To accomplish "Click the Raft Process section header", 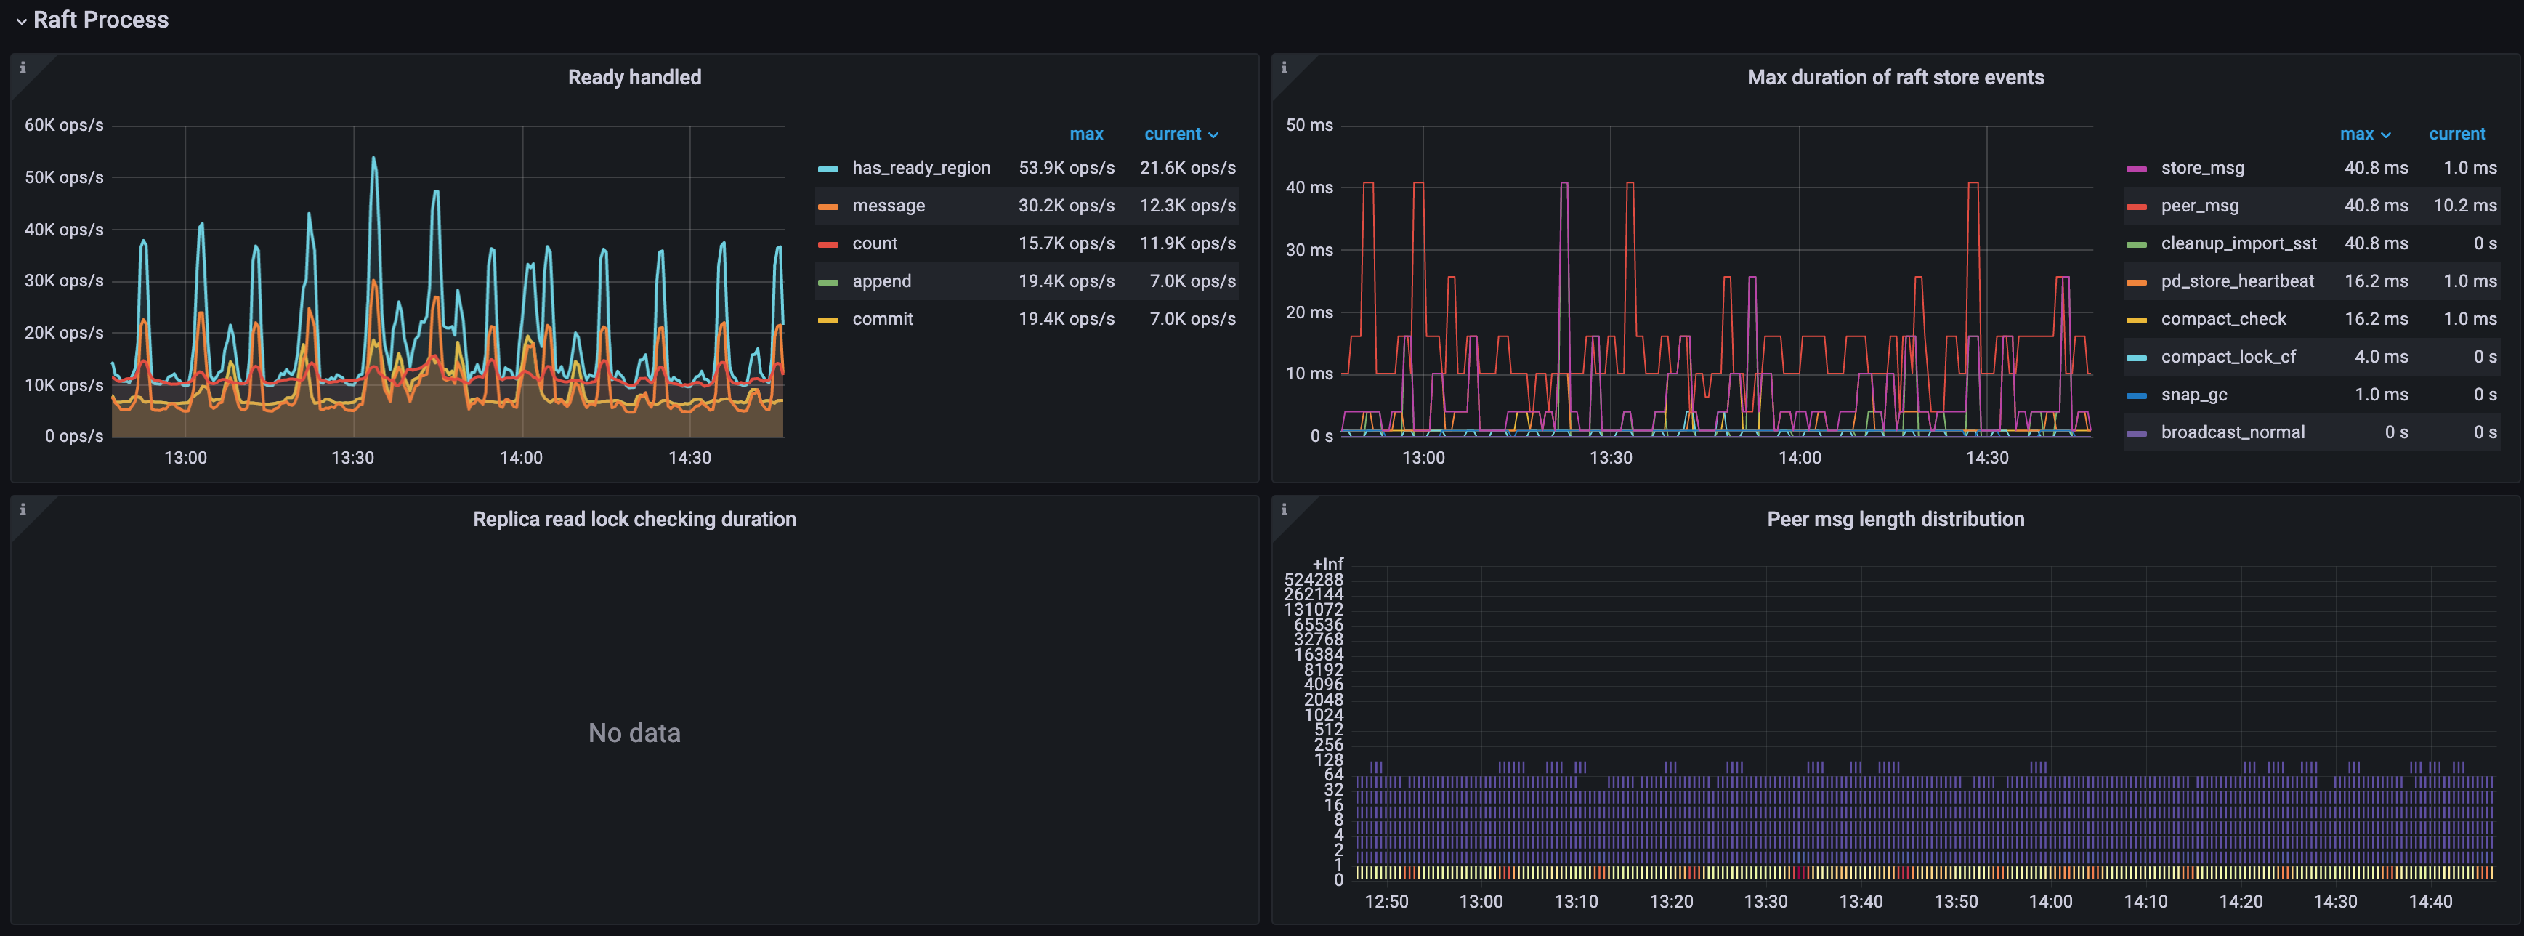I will pos(100,20).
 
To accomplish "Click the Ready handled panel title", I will pos(634,78).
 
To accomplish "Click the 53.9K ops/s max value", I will pos(1066,168).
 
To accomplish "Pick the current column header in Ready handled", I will pos(1173,134).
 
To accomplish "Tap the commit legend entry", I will pos(882,318).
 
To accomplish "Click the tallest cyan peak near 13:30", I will pos(373,158).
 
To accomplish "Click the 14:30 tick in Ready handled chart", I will pos(689,458).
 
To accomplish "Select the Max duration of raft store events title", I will pos(1894,78).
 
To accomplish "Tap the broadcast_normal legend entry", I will pos(2232,432).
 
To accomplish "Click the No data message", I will pos(634,733).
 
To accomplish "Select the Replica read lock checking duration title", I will pos(634,520).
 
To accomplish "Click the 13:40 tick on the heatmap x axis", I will pos(1860,902).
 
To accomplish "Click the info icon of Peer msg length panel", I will pos(1284,509).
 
